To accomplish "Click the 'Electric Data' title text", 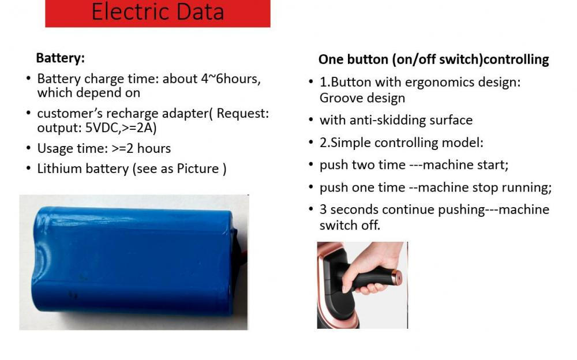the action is click(x=158, y=12).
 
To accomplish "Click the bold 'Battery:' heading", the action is click(x=61, y=58).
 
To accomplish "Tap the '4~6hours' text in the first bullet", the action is click(x=231, y=78).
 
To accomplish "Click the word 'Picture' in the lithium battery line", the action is click(x=198, y=168).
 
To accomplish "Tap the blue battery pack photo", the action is click(x=134, y=262).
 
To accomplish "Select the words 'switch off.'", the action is click(x=350, y=225).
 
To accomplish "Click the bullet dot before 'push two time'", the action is click(x=312, y=164).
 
